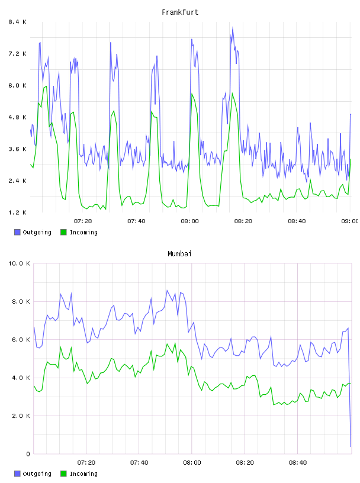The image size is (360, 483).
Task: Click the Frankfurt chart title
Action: (x=180, y=12)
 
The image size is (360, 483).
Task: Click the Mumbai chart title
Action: (x=179, y=254)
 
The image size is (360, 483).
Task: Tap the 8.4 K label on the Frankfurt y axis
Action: (x=18, y=22)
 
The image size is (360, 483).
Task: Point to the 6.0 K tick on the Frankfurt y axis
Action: (x=18, y=85)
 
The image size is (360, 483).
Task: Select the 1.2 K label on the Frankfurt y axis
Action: (x=18, y=212)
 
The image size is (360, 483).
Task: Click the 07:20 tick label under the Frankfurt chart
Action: (x=83, y=221)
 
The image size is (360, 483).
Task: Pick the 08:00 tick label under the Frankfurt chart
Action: (x=190, y=221)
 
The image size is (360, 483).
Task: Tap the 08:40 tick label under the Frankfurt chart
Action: (x=297, y=221)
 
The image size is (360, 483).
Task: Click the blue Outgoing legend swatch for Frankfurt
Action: (x=17, y=232)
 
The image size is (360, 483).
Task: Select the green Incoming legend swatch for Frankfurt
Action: (x=63, y=232)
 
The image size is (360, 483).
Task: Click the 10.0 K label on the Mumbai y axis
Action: (x=19, y=263)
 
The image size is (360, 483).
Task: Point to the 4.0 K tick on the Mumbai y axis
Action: (x=21, y=378)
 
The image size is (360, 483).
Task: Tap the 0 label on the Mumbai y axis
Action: (x=28, y=454)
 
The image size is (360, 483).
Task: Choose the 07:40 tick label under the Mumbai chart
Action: (x=139, y=462)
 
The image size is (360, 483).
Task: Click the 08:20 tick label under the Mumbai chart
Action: (x=245, y=462)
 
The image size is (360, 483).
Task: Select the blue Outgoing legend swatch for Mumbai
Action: (x=17, y=474)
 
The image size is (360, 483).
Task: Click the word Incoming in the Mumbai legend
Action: (x=83, y=474)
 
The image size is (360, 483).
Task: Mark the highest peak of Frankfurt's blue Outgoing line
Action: (x=233, y=28)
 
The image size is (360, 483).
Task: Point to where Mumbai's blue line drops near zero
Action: (x=351, y=446)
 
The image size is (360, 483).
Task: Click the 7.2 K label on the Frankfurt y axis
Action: (x=18, y=54)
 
